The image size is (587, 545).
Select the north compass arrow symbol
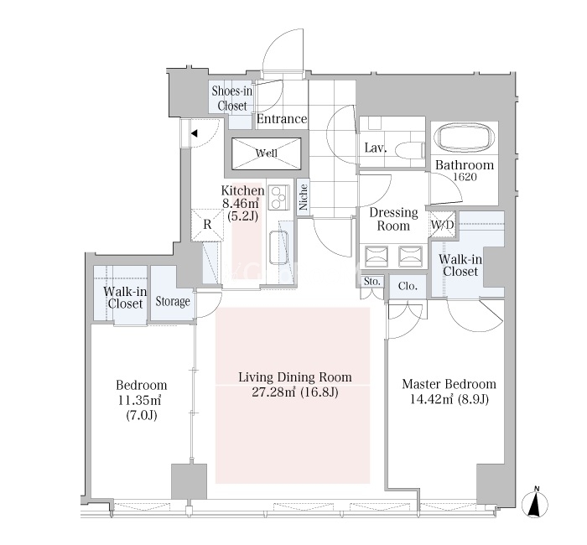coord(535,503)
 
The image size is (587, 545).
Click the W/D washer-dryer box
coord(442,225)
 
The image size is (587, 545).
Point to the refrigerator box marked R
coord(207,224)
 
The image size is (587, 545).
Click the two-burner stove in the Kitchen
coord(279,198)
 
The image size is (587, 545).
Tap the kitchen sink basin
coord(279,247)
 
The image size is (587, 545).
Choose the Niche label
coord(304,197)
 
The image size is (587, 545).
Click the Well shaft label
coord(267,153)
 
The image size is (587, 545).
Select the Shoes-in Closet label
coord(231,98)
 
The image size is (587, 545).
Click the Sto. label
coord(372,282)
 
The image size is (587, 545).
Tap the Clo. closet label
coord(408,287)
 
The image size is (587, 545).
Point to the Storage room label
coord(173,301)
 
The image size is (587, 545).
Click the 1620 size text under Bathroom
coord(465,177)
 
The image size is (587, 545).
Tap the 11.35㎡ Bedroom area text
coord(140,401)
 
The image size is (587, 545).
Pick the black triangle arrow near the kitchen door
coord(195,133)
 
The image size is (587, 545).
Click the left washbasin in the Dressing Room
coord(377,257)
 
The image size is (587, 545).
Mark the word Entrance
coord(282,119)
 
